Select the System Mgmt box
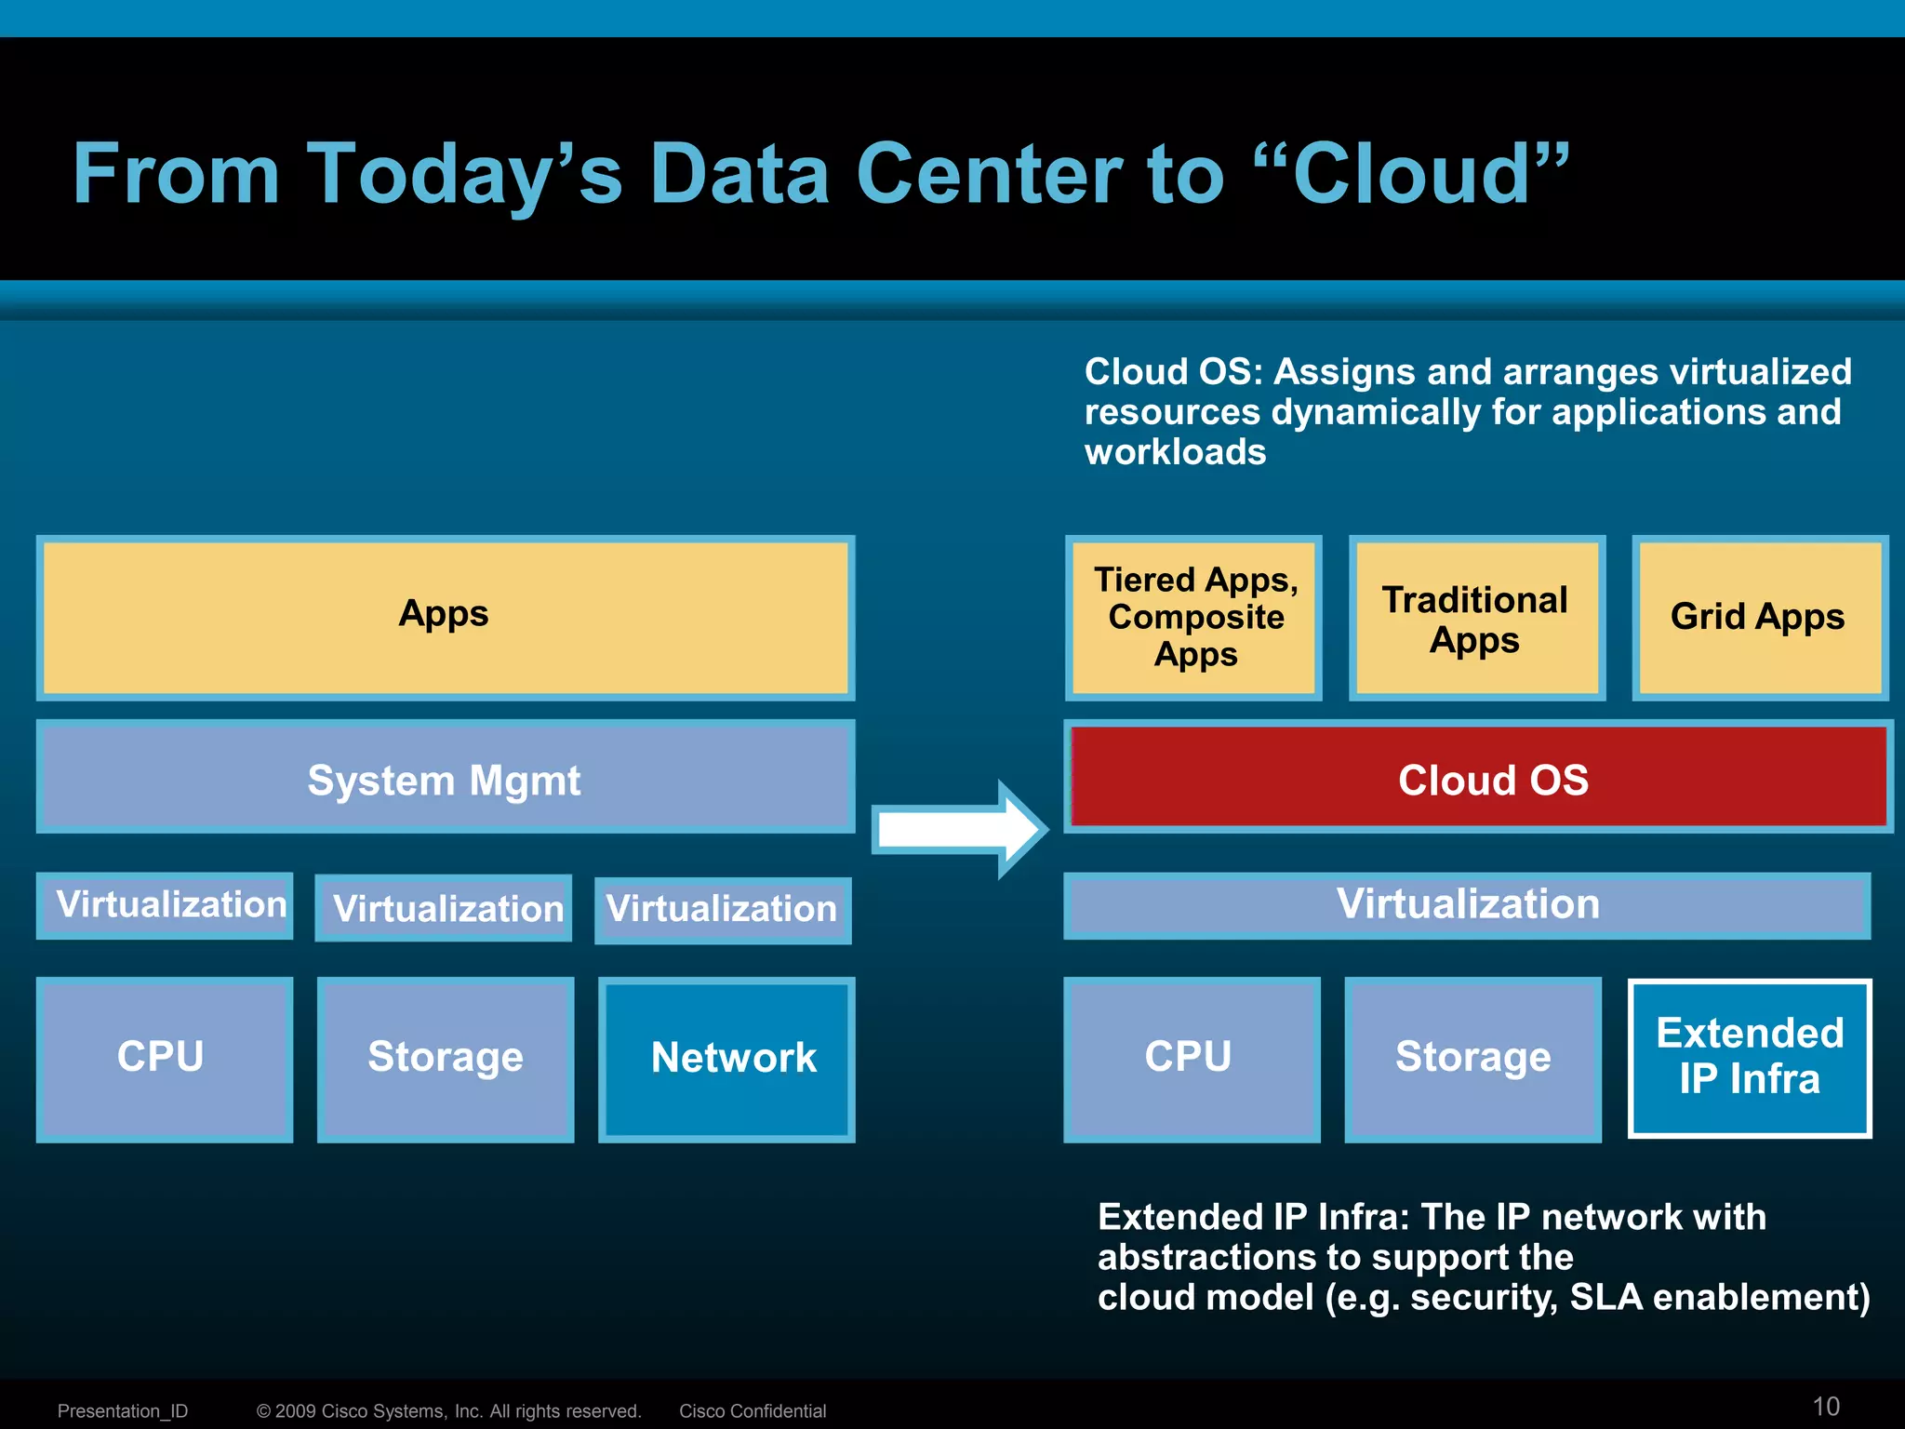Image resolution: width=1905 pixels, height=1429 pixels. pos(445,778)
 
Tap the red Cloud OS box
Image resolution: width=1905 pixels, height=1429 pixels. pos(1479,778)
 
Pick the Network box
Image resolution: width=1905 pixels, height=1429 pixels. pos(726,1059)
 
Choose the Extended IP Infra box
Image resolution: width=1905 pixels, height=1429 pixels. pos(1750,1058)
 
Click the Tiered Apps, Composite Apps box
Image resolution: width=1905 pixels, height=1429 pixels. pos(1193,618)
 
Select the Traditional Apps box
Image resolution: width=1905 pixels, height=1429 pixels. pos(1477,618)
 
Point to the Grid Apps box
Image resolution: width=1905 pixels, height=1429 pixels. pos(1759,618)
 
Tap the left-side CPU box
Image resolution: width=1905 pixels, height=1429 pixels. pos(164,1059)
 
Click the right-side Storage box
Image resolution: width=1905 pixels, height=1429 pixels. pos(1472,1059)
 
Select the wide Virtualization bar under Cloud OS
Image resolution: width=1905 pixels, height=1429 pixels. pos(1467,905)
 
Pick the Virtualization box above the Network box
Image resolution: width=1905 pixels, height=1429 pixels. pos(723,910)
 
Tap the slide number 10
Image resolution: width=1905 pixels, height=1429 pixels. pos(1826,1406)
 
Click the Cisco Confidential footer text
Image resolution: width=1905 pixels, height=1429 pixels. pos(753,1410)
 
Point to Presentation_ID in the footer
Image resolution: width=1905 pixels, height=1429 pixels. pos(123,1410)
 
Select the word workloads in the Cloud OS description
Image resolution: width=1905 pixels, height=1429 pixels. pos(1175,452)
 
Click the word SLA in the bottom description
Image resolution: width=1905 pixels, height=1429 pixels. pos(1606,1297)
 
